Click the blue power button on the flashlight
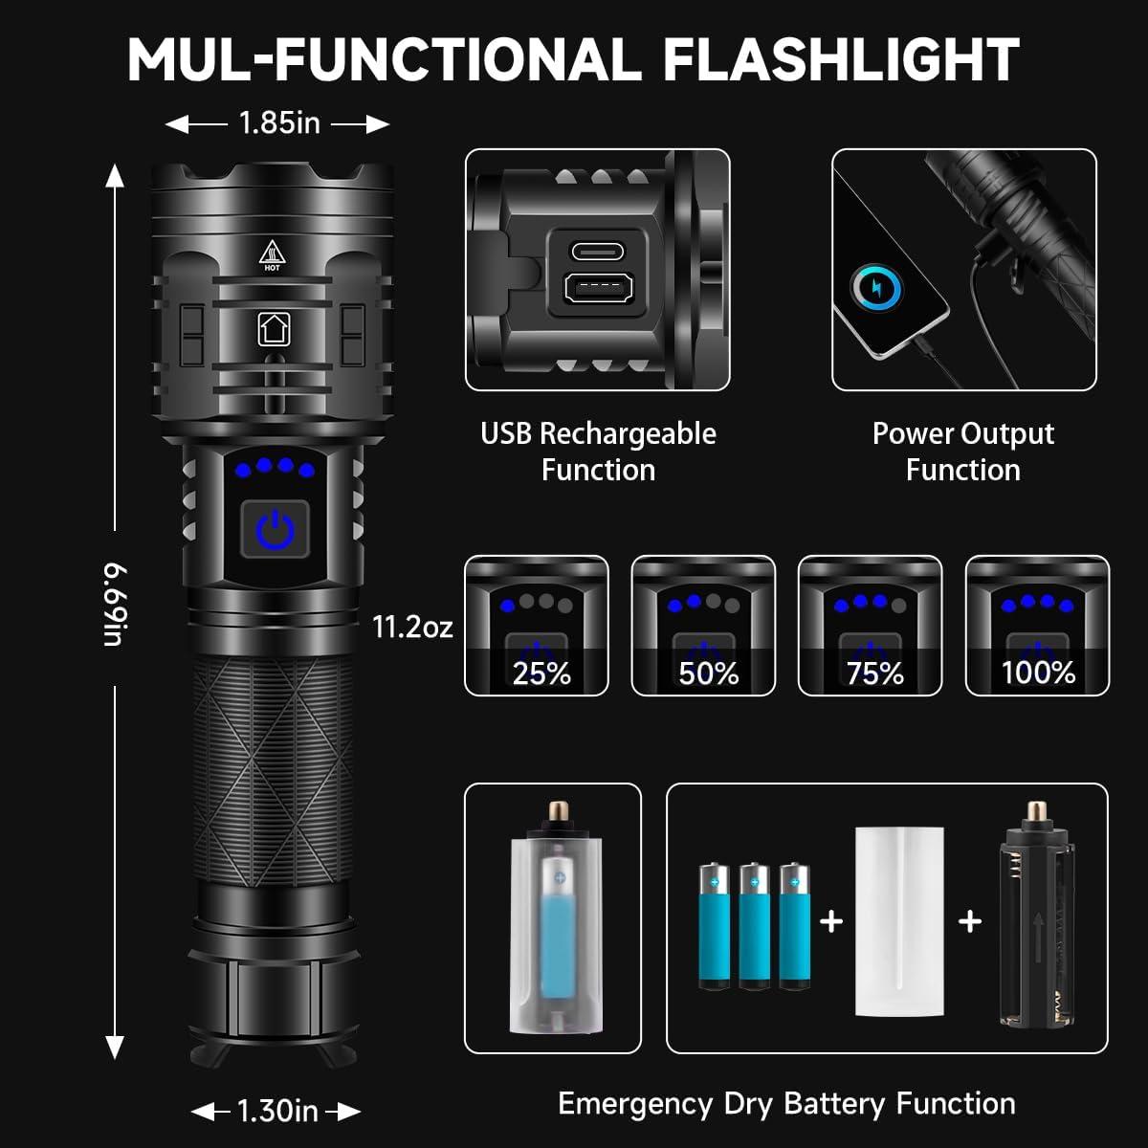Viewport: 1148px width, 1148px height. click(275, 528)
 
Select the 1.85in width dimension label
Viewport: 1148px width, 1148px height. click(278, 123)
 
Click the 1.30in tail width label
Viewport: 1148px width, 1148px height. click(277, 1111)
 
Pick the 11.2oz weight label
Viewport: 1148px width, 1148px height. click(412, 627)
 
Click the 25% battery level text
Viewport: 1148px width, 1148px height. click(541, 673)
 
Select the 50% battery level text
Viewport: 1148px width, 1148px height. click(708, 673)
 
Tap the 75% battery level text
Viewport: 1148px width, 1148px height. click(874, 673)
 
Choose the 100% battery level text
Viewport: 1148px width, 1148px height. click(1038, 673)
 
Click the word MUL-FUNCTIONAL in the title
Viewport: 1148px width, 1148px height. click(384, 59)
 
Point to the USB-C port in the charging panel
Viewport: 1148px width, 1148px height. click(597, 252)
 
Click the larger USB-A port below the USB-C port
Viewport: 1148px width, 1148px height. click(597, 289)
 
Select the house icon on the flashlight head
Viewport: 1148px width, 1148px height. click(273, 328)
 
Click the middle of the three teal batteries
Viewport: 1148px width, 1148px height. click(754, 926)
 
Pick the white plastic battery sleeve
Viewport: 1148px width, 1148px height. click(900, 920)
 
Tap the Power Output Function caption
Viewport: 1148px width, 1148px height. click(962, 452)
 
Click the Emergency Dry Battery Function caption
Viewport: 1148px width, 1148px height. click(786, 1103)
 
